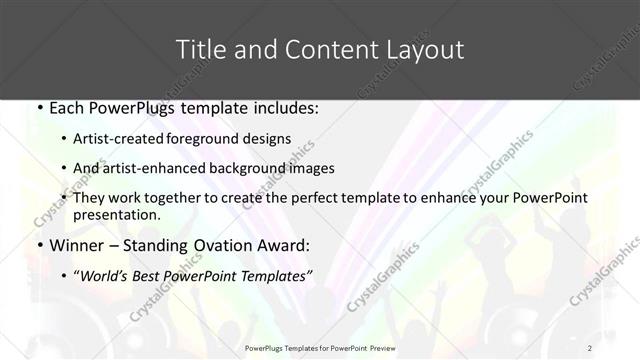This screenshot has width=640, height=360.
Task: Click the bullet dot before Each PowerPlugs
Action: tap(38, 107)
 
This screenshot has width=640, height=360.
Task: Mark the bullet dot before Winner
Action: tap(38, 246)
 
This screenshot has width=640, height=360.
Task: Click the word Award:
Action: tap(287, 246)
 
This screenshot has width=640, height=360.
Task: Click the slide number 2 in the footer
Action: tap(590, 347)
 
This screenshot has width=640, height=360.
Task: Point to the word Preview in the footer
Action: tap(391, 347)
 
